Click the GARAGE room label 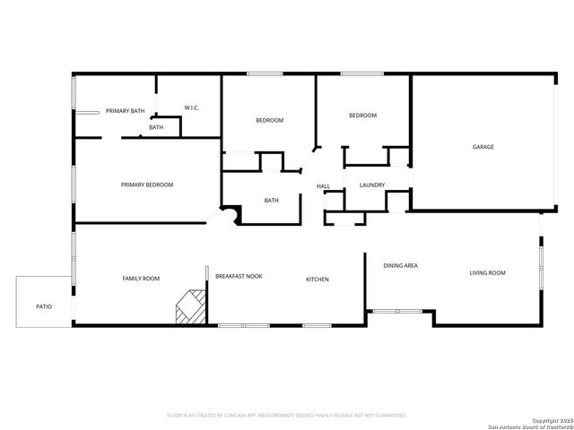pos(483,147)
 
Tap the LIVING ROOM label pos(488,272)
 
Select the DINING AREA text pos(400,265)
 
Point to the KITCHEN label pos(317,279)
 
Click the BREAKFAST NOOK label pos(239,276)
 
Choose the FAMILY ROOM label pos(141,279)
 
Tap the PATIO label pos(44,306)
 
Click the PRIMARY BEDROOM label pos(147,185)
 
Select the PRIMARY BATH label pos(125,110)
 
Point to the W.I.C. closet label pos(191,108)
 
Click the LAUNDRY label pos(372,185)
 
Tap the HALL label pos(323,186)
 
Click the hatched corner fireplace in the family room pos(188,306)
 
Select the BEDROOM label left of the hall pos(269,120)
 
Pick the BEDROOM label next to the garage pos(362,115)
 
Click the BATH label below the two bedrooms pos(271,200)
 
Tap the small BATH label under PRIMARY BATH pos(156,127)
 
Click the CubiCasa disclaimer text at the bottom pos(287,416)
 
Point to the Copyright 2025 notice pos(549,420)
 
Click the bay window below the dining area pos(398,311)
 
